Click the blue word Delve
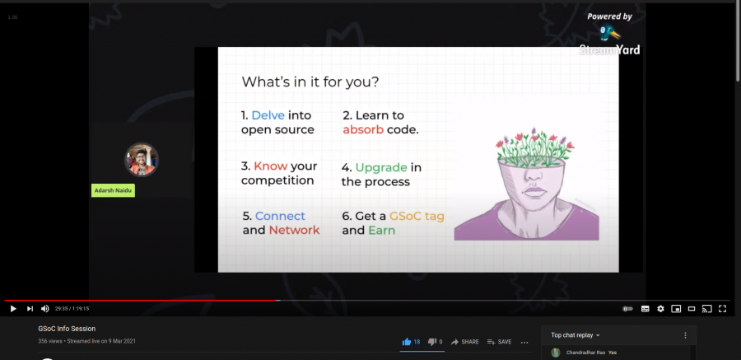click(x=268, y=115)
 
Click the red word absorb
click(x=365, y=129)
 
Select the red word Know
click(x=271, y=166)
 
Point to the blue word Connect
click(x=280, y=216)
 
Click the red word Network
click(x=294, y=230)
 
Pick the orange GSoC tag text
click(x=417, y=216)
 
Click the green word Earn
click(x=381, y=230)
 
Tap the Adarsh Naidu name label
click(x=113, y=190)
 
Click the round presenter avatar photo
click(x=141, y=159)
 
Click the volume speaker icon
click(x=45, y=309)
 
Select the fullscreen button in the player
click(x=723, y=309)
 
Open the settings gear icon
click(x=660, y=309)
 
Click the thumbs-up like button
click(x=407, y=342)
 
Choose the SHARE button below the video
click(x=464, y=342)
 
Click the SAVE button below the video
click(x=499, y=342)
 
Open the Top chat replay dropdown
click(x=576, y=335)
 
